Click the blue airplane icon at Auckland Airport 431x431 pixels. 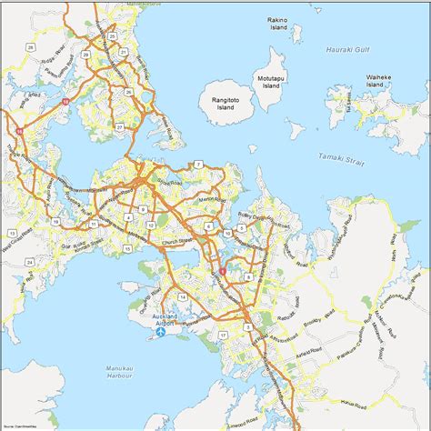coord(161,332)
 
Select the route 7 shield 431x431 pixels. coord(196,164)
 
